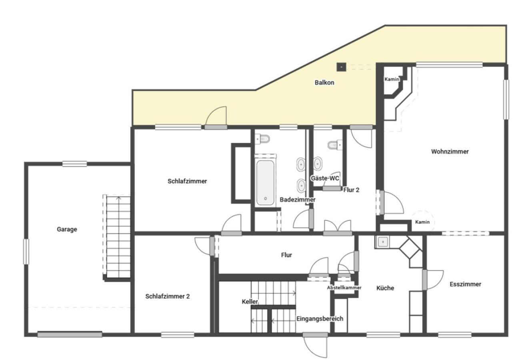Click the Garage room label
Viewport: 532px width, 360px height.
67,229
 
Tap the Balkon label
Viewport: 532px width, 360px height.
324,83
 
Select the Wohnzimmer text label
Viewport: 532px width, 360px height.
450,152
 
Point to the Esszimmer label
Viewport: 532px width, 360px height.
465,284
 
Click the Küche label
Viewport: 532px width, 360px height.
385,288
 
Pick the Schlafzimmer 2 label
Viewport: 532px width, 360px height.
168,296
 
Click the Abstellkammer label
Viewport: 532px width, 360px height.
344,288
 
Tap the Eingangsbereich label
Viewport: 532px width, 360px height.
320,319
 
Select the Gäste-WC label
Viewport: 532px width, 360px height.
325,178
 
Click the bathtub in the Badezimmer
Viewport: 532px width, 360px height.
265,182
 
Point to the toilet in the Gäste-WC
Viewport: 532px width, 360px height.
335,144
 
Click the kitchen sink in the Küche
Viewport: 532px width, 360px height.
383,242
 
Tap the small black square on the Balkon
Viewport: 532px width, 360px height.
341,67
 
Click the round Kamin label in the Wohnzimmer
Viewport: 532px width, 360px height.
422,222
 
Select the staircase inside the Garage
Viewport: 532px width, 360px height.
117,236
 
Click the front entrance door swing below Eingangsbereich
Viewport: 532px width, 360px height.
315,346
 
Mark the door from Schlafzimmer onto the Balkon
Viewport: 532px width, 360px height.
216,118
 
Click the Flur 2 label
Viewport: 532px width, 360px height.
351,190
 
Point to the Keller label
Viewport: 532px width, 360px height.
250,302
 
